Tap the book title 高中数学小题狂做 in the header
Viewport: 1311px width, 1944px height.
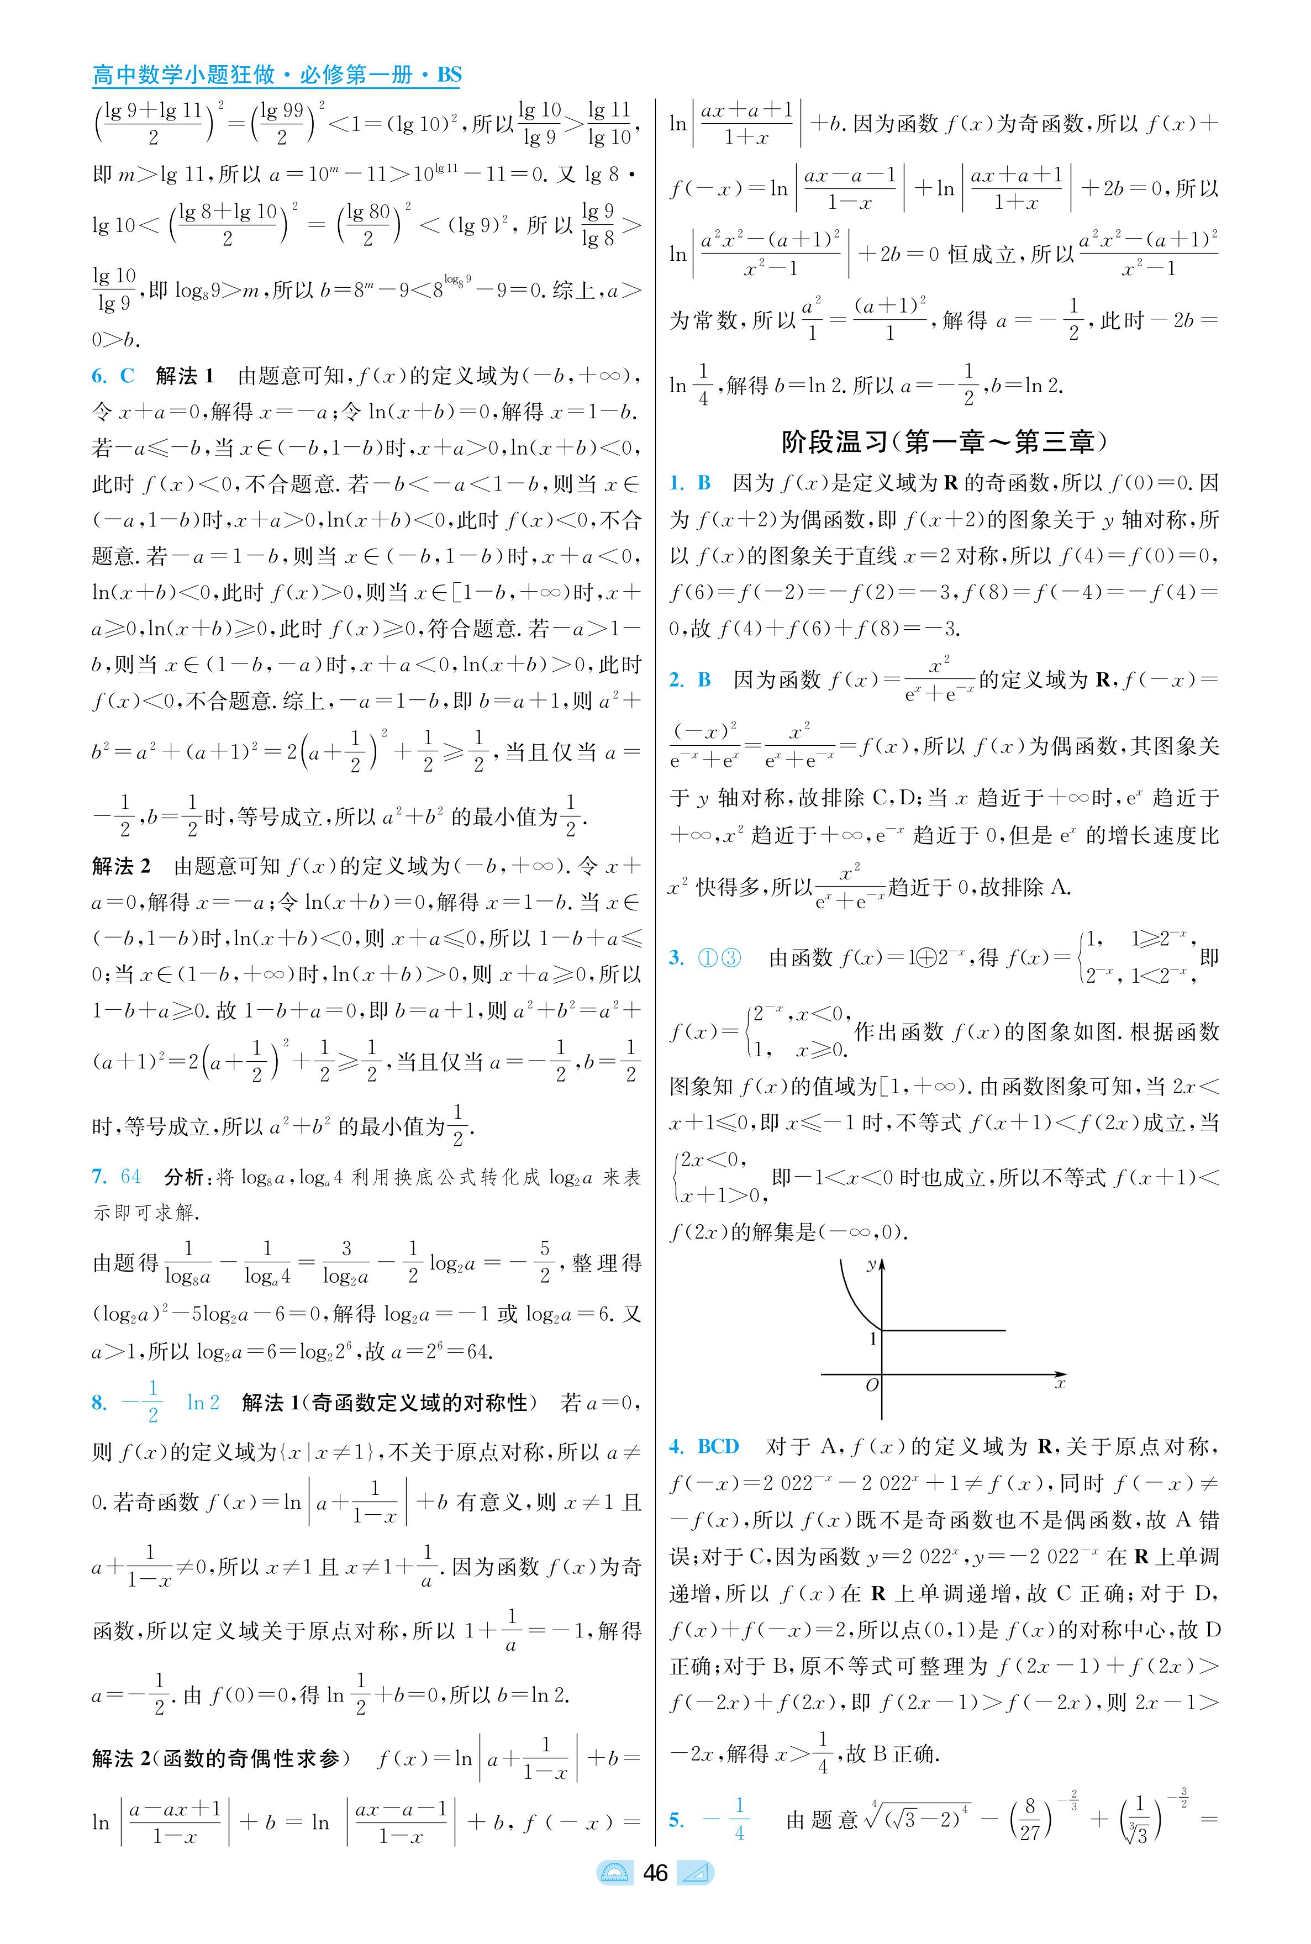[184, 75]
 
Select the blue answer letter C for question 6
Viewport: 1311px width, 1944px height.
[127, 376]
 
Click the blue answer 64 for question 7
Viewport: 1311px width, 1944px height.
[130, 1177]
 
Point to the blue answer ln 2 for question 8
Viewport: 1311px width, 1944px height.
[203, 1402]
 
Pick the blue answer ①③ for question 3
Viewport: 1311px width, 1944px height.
[719, 957]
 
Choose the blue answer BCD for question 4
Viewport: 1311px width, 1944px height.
[718, 1446]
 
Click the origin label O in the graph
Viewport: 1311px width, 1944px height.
[872, 1385]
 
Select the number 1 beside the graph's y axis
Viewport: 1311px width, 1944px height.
[873, 1339]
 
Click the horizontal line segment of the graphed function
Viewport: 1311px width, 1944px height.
[945, 1330]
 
